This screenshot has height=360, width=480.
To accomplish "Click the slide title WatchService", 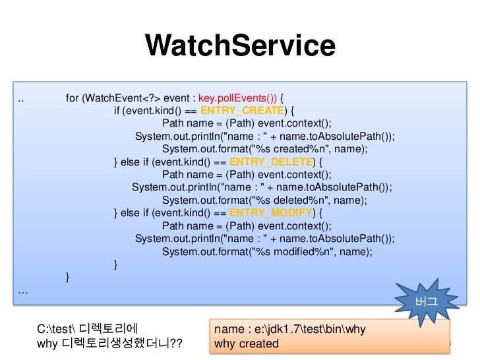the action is pyautogui.click(x=240, y=46).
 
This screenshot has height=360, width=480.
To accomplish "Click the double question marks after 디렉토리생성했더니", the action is pyautogui.click(x=175, y=344).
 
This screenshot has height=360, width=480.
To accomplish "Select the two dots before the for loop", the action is pyautogui.click(x=22, y=99).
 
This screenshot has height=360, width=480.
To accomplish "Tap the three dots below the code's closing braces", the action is pyautogui.click(x=23, y=291).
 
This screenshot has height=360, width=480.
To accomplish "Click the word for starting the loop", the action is pyautogui.click(x=72, y=98).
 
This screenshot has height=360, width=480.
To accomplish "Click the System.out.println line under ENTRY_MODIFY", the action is pyautogui.click(x=265, y=239).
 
